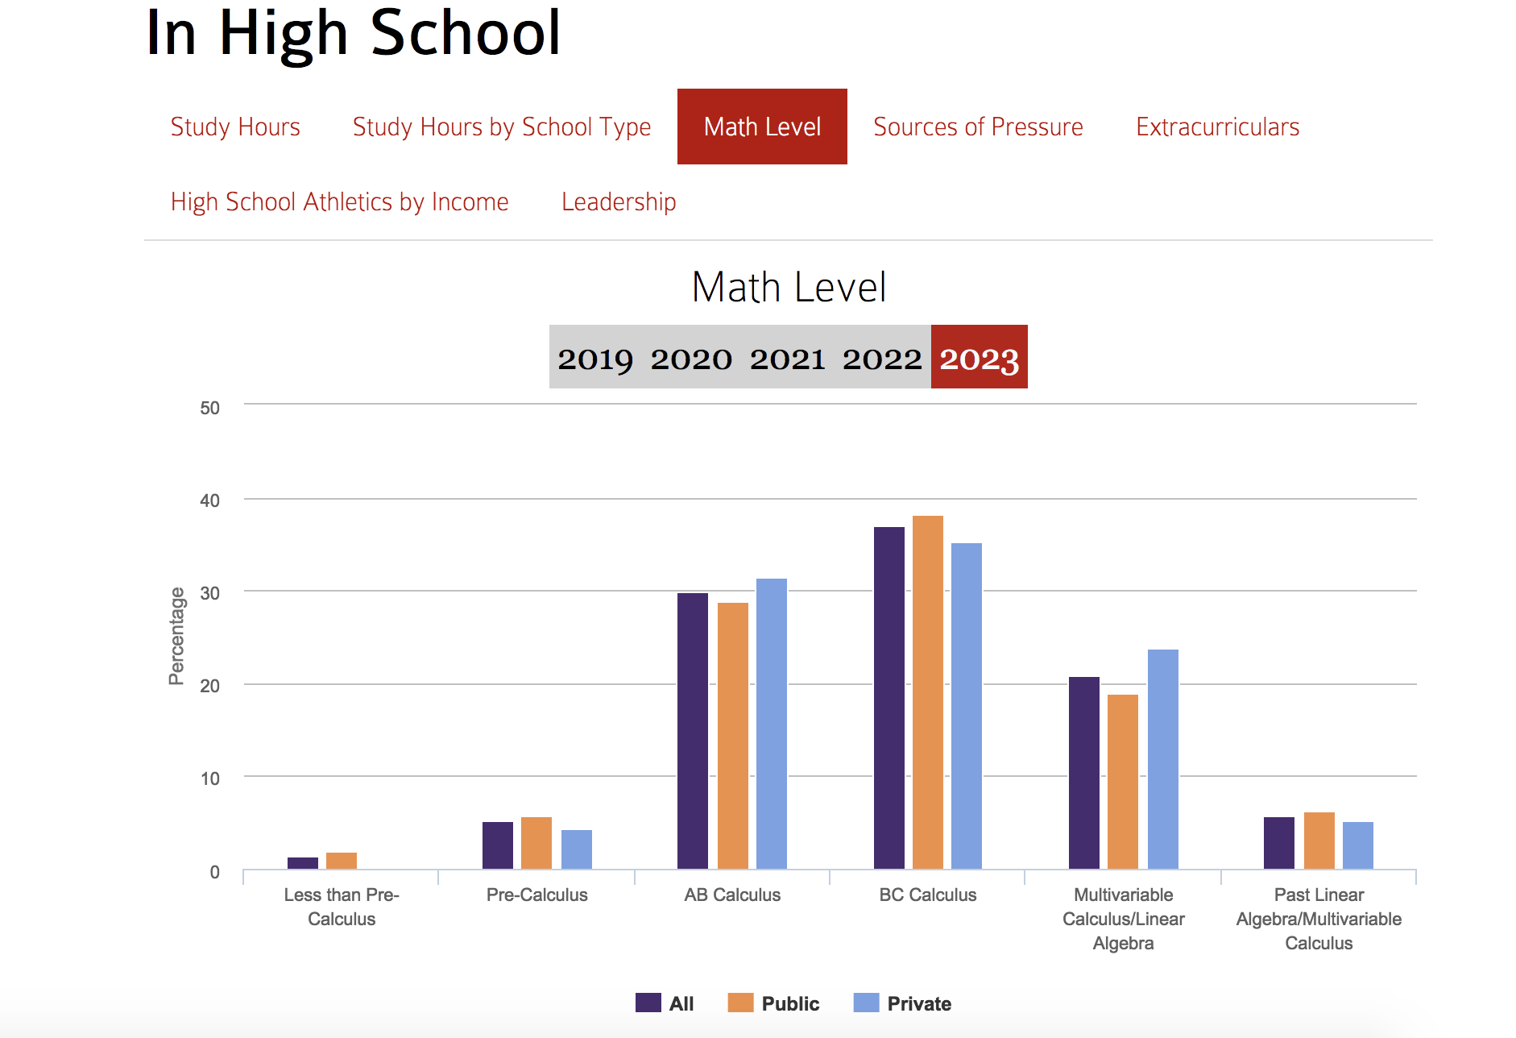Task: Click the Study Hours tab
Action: tap(235, 127)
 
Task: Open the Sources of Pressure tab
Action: tap(978, 127)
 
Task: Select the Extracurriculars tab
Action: tap(1217, 127)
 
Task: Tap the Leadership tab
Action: tap(619, 201)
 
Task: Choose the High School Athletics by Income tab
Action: tap(339, 201)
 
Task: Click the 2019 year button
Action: tap(595, 358)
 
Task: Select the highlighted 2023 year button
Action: tap(979, 358)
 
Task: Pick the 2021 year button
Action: tap(787, 358)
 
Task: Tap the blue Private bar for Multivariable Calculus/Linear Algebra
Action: tap(1162, 758)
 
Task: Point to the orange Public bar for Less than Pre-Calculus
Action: tap(342, 861)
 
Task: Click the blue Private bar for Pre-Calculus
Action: tap(577, 849)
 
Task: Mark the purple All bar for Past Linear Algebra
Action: tap(1279, 843)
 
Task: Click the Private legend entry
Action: tap(903, 1003)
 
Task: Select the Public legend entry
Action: tap(774, 1003)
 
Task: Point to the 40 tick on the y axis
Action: tap(209, 500)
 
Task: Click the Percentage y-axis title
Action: tap(176, 637)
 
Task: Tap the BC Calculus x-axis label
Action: tap(928, 895)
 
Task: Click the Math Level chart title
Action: tap(789, 287)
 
